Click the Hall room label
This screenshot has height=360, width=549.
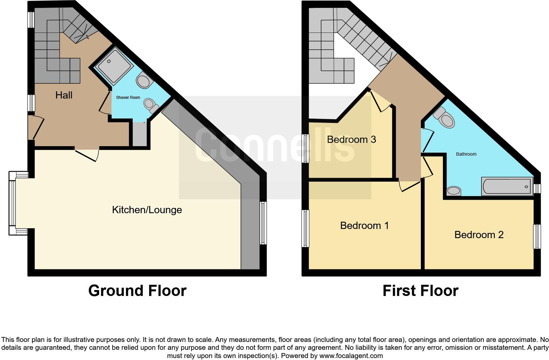(64, 95)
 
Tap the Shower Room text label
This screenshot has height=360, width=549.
(128, 98)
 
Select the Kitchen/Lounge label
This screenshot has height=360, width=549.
(147, 210)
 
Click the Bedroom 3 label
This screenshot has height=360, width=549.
(351, 140)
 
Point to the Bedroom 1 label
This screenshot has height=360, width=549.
(364, 226)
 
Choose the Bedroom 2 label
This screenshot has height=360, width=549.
(479, 235)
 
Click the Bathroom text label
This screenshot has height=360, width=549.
(466, 154)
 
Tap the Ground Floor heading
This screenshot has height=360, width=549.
(137, 291)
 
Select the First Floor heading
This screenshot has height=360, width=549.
(420, 291)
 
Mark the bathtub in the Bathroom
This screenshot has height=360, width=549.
(507, 186)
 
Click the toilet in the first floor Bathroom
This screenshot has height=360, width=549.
(445, 118)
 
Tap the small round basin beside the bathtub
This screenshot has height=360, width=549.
(454, 191)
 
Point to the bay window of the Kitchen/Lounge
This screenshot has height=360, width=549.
(12, 203)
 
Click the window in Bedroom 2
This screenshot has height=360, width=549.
(537, 236)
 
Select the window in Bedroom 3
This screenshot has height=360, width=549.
(306, 148)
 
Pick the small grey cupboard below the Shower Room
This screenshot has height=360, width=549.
(140, 134)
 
